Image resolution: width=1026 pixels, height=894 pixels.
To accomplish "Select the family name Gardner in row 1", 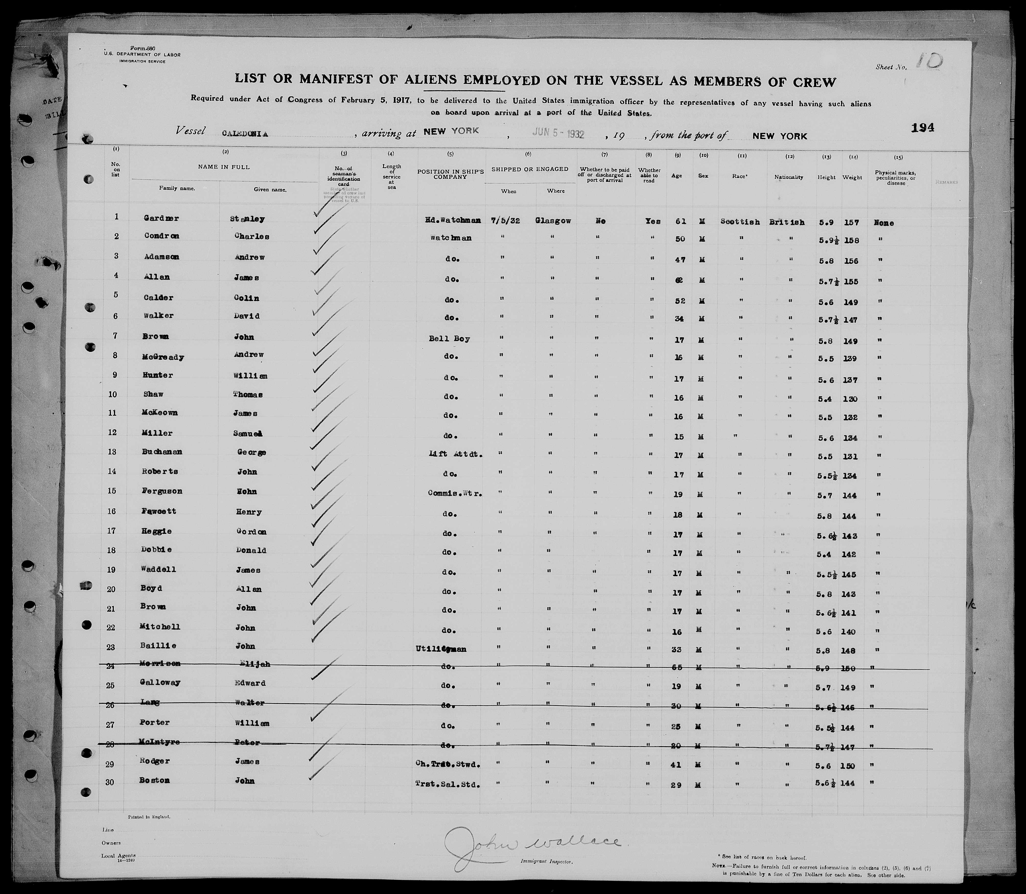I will coord(161,218).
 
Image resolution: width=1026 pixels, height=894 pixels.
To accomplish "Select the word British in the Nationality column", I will coord(787,222).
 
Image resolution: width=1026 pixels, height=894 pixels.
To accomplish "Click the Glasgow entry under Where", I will coord(553,220).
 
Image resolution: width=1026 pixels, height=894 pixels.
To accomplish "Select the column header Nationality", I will coord(789,177).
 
